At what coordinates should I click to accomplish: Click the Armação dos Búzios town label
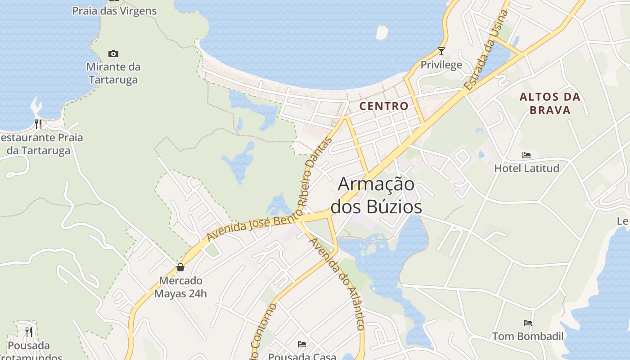376,196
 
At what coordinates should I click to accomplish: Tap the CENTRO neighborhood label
384,106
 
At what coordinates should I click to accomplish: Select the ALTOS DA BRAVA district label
550,103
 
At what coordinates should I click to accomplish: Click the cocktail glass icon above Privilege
441,51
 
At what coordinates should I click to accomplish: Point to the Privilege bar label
441,65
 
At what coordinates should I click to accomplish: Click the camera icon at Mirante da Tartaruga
113,54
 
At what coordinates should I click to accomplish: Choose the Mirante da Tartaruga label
113,73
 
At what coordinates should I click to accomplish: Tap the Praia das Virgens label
114,11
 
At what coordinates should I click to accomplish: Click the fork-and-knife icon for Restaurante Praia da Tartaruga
38,124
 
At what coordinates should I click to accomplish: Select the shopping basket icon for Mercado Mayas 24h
180,267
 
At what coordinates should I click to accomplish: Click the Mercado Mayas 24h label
180,287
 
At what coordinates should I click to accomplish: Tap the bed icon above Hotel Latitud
526,155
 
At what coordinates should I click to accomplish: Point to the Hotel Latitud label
526,168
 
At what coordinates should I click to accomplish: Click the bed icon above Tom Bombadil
528,323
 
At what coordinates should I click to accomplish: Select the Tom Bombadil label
528,336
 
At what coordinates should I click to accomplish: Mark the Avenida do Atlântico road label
337,283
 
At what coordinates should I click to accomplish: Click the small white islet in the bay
382,32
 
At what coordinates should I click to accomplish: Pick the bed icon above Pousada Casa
302,344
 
